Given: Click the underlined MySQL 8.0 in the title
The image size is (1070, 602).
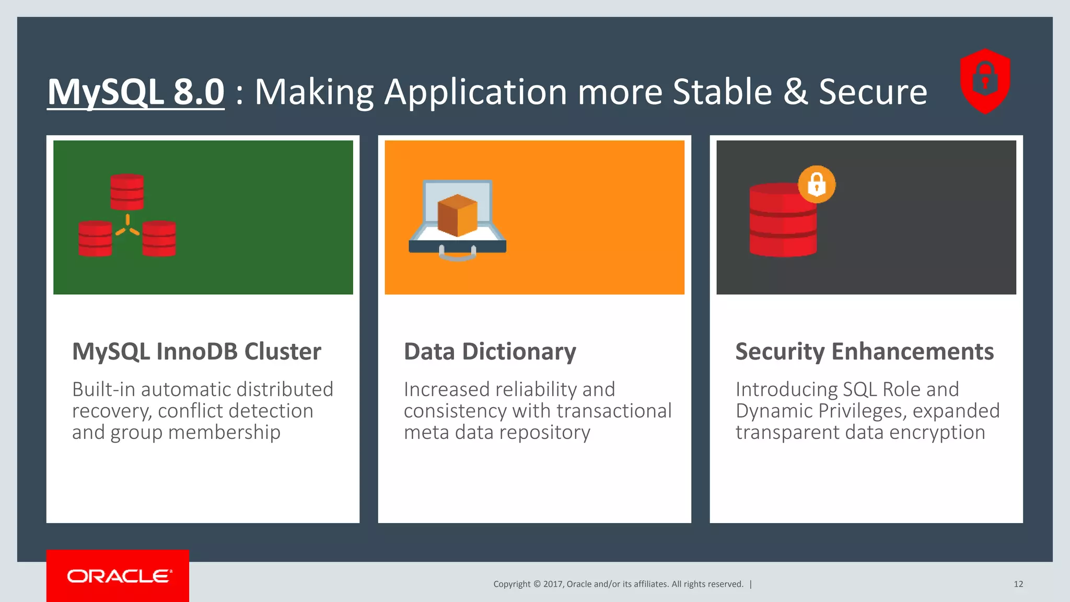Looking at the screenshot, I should pos(136,92).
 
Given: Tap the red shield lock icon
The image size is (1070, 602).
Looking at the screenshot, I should pos(985,81).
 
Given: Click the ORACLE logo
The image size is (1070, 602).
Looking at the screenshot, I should pos(118,576).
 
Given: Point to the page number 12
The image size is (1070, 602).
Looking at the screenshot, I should pos(1018,584).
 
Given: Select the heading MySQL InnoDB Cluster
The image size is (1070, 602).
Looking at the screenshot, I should pos(196,352).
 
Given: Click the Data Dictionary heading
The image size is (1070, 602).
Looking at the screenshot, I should pos(490,352).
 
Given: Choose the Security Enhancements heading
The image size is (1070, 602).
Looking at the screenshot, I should pos(864,352).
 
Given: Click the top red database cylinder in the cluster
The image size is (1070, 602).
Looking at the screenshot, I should pos(127,192).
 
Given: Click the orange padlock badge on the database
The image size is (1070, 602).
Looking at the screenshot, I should pos(817,184).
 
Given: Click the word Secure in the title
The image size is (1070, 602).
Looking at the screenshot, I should pos(873,92).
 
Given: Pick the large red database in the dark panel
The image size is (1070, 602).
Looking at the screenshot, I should pos(782,222).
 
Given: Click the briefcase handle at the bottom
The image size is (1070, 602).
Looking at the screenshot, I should pos(457,256).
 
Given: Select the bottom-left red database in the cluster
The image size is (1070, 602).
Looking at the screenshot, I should pos(95,238).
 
